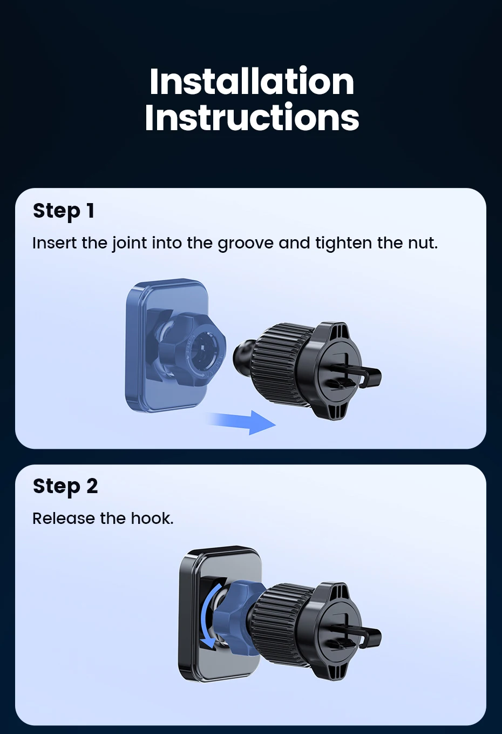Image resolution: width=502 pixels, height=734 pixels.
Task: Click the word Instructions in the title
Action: click(252, 117)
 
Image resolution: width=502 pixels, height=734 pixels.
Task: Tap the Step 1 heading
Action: click(64, 211)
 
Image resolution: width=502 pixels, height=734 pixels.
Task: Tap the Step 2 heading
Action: click(65, 486)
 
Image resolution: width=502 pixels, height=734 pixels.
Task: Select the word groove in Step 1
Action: click(245, 244)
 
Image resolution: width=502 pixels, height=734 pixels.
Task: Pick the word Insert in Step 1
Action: click(55, 243)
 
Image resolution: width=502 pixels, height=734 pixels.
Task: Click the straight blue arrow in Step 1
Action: click(241, 422)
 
